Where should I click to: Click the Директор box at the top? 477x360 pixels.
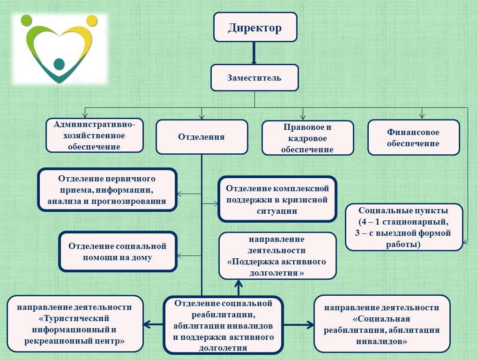click(x=255, y=27)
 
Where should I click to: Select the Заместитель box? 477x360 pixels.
click(x=254, y=78)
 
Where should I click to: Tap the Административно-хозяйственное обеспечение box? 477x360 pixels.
click(x=94, y=135)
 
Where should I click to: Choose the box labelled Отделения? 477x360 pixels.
click(x=201, y=137)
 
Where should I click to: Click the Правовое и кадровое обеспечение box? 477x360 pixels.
click(x=307, y=138)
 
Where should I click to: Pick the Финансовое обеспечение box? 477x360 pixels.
click(x=413, y=137)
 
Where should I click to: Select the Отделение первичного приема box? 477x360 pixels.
click(x=107, y=190)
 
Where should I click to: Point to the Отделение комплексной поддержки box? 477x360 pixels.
click(x=277, y=199)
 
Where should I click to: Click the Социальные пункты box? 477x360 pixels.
click(x=404, y=227)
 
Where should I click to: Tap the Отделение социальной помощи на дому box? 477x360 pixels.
click(x=118, y=251)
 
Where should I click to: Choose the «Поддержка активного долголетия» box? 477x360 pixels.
click(x=277, y=256)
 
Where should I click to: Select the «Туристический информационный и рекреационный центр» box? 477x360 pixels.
click(x=75, y=324)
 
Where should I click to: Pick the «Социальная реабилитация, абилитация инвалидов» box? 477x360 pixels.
click(x=381, y=324)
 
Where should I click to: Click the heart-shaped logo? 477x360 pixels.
click(x=59, y=49)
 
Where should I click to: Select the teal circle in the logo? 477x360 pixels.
click(x=59, y=64)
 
